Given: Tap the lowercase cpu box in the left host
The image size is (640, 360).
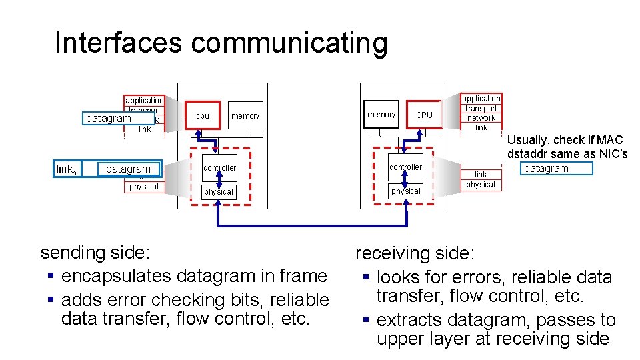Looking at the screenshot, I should click(x=203, y=115).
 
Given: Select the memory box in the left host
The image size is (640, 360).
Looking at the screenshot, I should click(x=245, y=115).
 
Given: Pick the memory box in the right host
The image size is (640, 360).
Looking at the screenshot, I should click(x=381, y=115).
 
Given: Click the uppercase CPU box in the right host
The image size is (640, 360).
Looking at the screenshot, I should click(x=424, y=115).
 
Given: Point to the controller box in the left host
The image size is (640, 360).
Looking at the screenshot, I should click(x=219, y=168).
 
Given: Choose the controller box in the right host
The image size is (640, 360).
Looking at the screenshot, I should click(x=405, y=167).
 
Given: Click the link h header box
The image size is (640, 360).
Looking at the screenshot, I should click(x=67, y=169).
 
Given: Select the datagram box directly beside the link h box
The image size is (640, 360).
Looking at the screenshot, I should click(x=128, y=169).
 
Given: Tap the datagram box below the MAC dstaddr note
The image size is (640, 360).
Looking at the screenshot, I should click(x=546, y=168).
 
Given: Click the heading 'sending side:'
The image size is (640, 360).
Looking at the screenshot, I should click(x=95, y=253).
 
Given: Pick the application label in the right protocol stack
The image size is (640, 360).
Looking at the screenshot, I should click(x=481, y=99).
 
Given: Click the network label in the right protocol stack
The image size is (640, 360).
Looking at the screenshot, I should click(x=481, y=118).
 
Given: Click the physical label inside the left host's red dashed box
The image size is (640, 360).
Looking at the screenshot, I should click(x=219, y=192).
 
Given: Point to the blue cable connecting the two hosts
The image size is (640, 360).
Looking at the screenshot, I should click(x=312, y=223).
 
